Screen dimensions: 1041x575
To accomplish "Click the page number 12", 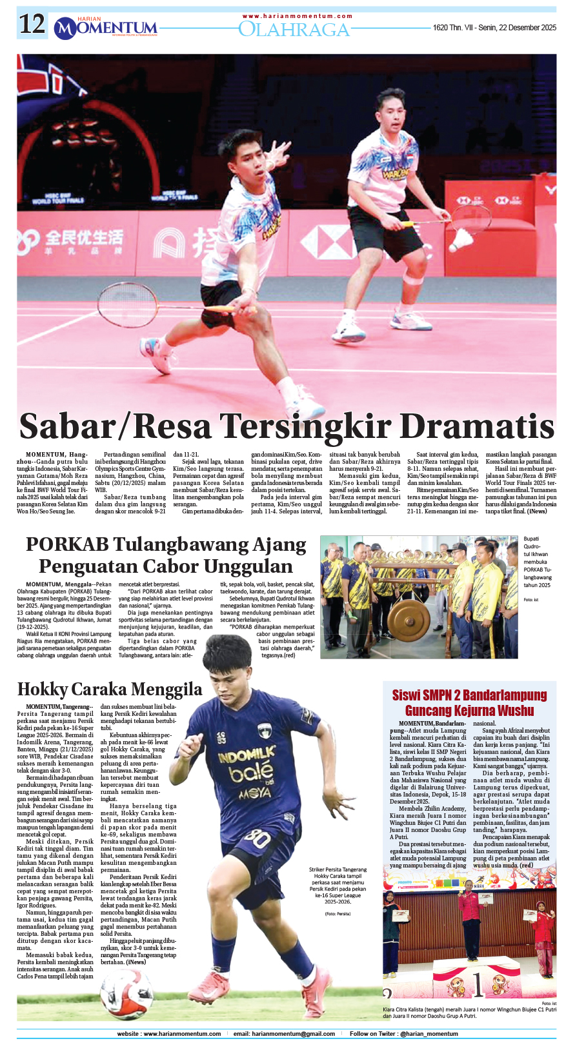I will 32,25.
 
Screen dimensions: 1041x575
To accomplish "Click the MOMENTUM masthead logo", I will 106,28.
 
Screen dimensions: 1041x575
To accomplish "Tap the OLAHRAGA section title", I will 294,29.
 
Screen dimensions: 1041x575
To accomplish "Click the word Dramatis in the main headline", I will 477,426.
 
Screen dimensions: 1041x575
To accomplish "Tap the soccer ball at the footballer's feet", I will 126,994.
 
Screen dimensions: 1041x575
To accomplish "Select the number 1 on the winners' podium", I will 478,985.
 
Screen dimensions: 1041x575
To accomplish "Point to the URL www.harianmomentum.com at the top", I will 298,16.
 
